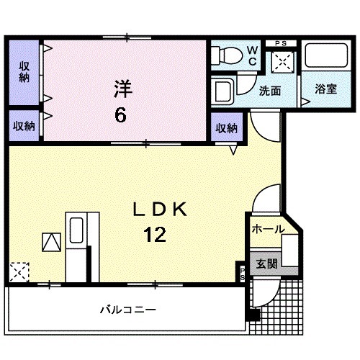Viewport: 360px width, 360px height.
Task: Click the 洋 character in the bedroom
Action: tap(122, 89)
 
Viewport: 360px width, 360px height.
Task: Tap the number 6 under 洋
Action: tap(122, 113)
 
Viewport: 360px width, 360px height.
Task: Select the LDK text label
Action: tap(159, 210)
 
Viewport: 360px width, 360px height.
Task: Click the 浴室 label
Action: tap(325, 90)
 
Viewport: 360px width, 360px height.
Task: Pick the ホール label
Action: tap(267, 230)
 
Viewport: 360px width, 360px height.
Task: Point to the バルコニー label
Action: tap(127, 310)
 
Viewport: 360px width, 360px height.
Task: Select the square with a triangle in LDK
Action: tap(52, 242)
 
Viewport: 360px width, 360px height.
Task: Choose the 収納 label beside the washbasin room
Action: tap(226, 129)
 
